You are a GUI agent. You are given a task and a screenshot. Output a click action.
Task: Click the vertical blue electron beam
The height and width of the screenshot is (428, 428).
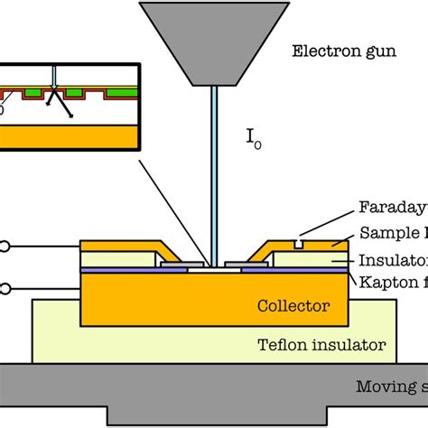(x=216, y=181)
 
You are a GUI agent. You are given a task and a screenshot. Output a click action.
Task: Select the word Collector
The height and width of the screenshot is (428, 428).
(x=293, y=306)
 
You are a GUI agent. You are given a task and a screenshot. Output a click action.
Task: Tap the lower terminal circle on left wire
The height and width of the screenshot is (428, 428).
(x=7, y=288)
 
